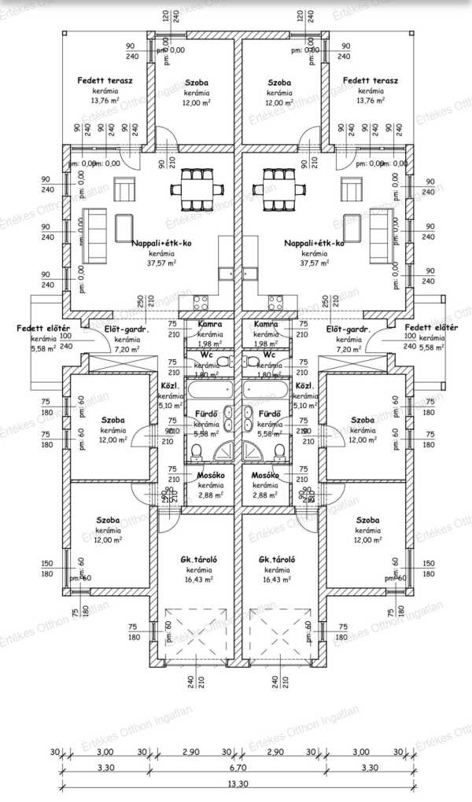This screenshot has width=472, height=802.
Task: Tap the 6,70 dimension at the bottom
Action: click(x=236, y=767)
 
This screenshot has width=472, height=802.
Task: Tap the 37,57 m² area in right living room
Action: click(x=313, y=265)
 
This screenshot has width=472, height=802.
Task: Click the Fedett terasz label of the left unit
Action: click(x=105, y=81)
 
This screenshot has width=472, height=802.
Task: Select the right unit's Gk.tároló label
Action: click(x=277, y=559)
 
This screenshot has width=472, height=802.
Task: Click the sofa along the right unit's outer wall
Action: click(x=378, y=234)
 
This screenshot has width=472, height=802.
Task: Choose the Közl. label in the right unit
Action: click(x=304, y=386)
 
